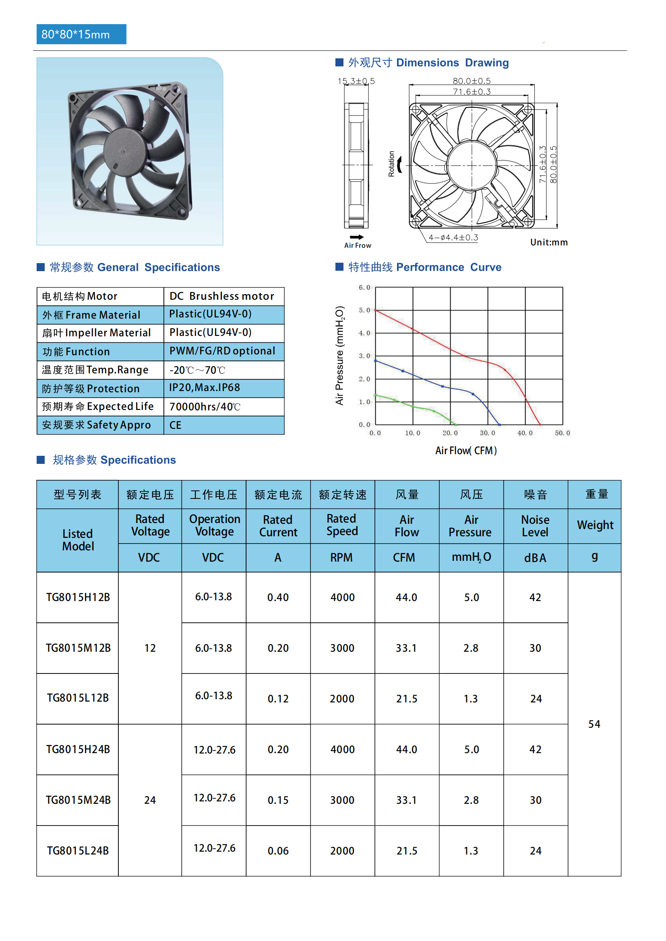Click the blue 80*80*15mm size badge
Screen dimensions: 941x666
pyautogui.click(x=81, y=35)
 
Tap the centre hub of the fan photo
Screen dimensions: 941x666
pyautogui.click(x=124, y=151)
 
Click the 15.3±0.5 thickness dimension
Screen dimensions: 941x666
pyautogui.click(x=356, y=81)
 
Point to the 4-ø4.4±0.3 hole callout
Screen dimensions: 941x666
pyautogui.click(x=453, y=238)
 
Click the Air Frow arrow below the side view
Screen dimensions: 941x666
pyautogui.click(x=357, y=237)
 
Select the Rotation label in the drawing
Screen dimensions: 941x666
pyautogui.click(x=391, y=164)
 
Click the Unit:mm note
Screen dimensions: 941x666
pyautogui.click(x=549, y=242)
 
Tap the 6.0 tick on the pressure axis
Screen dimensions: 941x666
pyautogui.click(x=364, y=287)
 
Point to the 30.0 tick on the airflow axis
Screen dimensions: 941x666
pyautogui.click(x=487, y=433)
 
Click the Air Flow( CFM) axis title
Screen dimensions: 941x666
pyautogui.click(x=466, y=451)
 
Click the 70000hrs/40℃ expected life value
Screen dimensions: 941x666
pyautogui.click(x=205, y=407)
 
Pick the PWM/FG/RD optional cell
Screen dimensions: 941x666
pyautogui.click(x=222, y=351)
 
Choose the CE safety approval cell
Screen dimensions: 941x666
pyautogui.click(x=176, y=425)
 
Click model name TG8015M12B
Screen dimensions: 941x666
pyautogui.click(x=78, y=648)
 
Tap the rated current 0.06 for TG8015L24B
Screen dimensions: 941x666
pyautogui.click(x=278, y=851)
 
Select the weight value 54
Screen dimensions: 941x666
pyautogui.click(x=594, y=724)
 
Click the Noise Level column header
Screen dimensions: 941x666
pyautogui.click(x=535, y=526)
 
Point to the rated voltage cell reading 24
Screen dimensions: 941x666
pyautogui.click(x=150, y=800)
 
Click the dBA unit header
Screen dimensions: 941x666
pyautogui.click(x=535, y=558)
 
